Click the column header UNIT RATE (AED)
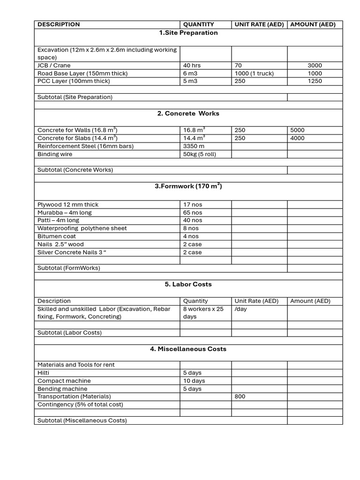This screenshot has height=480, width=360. point(259,24)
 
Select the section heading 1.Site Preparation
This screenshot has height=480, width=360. point(188,33)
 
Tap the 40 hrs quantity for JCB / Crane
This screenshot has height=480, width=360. point(193,66)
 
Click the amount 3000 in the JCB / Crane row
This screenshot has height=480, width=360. point(315,66)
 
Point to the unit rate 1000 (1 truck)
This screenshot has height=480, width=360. point(254,74)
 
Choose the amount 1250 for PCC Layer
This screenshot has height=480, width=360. point(315,81)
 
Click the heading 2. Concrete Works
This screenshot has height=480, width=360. point(188,113)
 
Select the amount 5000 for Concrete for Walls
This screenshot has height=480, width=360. point(297,130)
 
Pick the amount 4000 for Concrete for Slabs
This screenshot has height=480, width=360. point(297,138)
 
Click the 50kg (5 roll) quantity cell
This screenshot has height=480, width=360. point(199,154)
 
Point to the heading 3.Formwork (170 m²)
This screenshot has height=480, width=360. point(188,187)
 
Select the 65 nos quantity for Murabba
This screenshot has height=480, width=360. point(193,213)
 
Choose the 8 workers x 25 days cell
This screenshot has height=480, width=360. point(203,313)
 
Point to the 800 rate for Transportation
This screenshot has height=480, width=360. point(240,397)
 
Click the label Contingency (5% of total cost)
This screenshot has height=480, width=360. point(80,405)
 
